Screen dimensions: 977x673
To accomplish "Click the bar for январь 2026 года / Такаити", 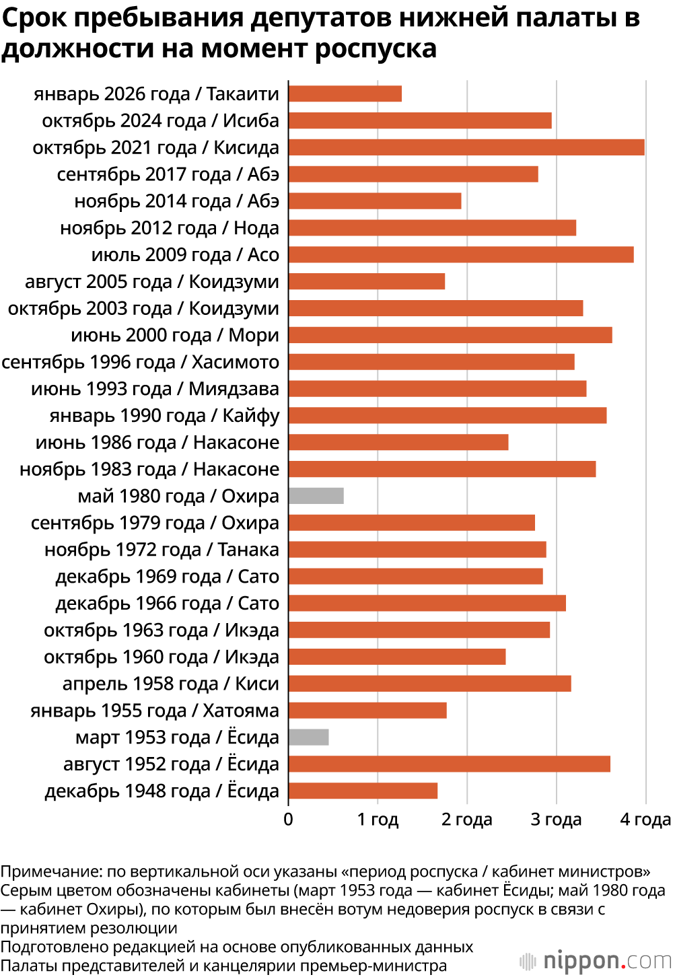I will [x=345, y=94].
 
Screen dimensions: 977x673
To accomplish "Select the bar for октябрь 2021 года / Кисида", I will [x=466, y=147].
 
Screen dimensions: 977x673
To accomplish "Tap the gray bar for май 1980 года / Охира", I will [x=316, y=496].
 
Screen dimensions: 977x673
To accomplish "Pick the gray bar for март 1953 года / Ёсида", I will [x=309, y=737].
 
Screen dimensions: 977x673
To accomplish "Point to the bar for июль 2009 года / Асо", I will [x=461, y=255].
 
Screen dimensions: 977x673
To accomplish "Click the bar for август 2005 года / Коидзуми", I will [x=367, y=281].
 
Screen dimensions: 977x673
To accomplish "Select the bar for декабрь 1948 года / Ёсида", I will [x=363, y=791].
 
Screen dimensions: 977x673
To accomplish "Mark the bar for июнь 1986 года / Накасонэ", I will [x=398, y=442].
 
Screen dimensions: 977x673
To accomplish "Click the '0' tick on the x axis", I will [x=289, y=820].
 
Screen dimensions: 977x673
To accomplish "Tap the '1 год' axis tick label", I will [x=378, y=820].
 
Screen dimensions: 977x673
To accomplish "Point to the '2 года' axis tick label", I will [x=467, y=820].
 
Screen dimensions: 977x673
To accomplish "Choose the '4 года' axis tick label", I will [x=645, y=820].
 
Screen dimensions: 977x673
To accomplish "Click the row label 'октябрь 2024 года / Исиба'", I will [x=160, y=121].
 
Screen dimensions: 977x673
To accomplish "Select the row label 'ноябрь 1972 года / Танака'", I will [x=162, y=550].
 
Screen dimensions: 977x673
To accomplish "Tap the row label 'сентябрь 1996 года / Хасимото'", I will [x=140, y=362].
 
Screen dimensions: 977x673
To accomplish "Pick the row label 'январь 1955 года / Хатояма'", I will [x=154, y=711].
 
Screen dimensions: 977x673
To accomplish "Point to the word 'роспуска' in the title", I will [x=375, y=49].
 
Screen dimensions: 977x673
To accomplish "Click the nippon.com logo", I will [x=596, y=960].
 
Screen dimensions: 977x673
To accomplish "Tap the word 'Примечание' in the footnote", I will [x=51, y=872].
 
